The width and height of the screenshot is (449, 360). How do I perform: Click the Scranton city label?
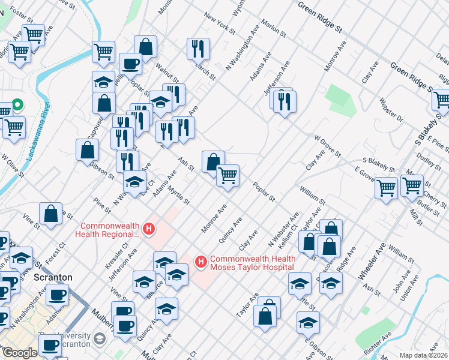click(53, 278)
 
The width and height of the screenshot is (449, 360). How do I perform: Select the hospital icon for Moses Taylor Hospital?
click(201, 262)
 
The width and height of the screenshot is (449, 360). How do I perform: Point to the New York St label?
click(219, 23)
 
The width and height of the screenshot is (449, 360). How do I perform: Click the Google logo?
click(20, 353)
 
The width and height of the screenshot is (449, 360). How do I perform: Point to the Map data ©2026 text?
click(423, 355)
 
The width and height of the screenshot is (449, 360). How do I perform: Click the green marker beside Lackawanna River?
click(18, 106)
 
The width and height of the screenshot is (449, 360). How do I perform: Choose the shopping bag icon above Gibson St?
click(88, 150)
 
